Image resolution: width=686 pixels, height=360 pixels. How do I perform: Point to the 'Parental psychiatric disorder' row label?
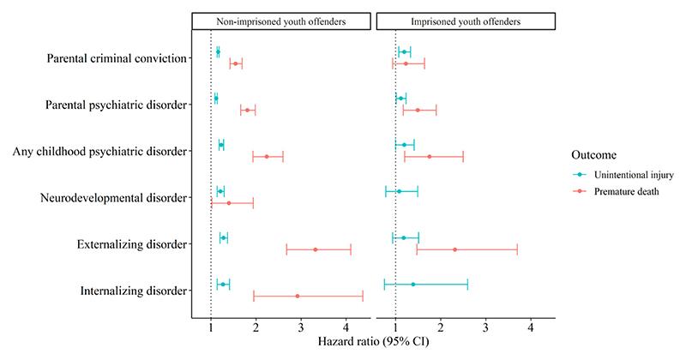(x=117, y=105)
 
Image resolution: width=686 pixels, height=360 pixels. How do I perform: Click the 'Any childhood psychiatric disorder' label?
(x=99, y=152)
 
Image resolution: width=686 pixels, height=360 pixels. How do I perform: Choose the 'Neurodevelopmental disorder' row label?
(x=114, y=198)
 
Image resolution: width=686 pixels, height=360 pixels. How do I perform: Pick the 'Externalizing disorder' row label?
(x=130, y=244)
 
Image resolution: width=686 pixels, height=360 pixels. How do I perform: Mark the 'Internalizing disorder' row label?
(x=132, y=291)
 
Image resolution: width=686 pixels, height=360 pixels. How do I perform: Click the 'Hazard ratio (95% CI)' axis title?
(x=374, y=342)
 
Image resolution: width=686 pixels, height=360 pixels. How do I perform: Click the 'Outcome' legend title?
(x=593, y=154)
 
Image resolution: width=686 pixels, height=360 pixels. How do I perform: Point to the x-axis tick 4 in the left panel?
(x=346, y=327)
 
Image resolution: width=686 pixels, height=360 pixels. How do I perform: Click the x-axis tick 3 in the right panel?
(x=485, y=327)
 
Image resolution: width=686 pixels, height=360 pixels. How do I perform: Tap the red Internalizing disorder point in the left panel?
(x=298, y=296)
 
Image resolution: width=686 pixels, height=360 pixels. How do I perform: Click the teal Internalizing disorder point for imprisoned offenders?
(x=412, y=284)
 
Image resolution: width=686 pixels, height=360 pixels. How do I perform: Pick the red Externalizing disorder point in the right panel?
(x=454, y=249)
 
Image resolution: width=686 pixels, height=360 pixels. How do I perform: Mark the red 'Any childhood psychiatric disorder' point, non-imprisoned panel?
(x=267, y=156)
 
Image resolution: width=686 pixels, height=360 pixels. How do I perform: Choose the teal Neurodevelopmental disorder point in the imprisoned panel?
(x=399, y=191)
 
